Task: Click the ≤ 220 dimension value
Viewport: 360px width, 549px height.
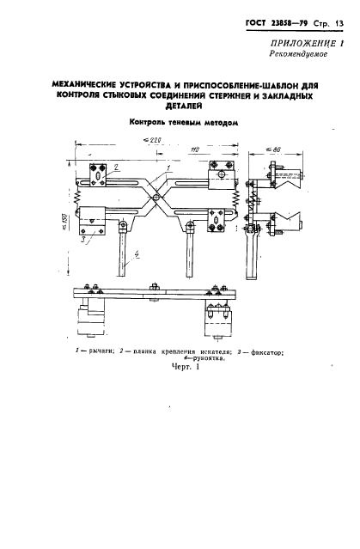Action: click(152, 140)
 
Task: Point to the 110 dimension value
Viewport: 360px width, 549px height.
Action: click(195, 149)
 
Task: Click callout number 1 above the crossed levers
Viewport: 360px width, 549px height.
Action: click(168, 168)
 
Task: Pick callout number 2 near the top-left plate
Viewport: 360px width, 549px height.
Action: click(116, 167)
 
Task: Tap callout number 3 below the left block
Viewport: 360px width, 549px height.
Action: click(83, 241)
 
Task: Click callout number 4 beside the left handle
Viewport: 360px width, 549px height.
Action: click(137, 255)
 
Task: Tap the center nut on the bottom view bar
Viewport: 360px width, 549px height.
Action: click(153, 288)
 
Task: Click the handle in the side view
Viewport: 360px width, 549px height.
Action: click(252, 255)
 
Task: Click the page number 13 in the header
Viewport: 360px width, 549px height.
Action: click(339, 24)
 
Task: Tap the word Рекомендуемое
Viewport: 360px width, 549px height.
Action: click(298, 54)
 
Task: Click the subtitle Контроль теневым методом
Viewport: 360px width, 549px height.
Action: click(184, 123)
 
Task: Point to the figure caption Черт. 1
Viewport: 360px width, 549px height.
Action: click(186, 367)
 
